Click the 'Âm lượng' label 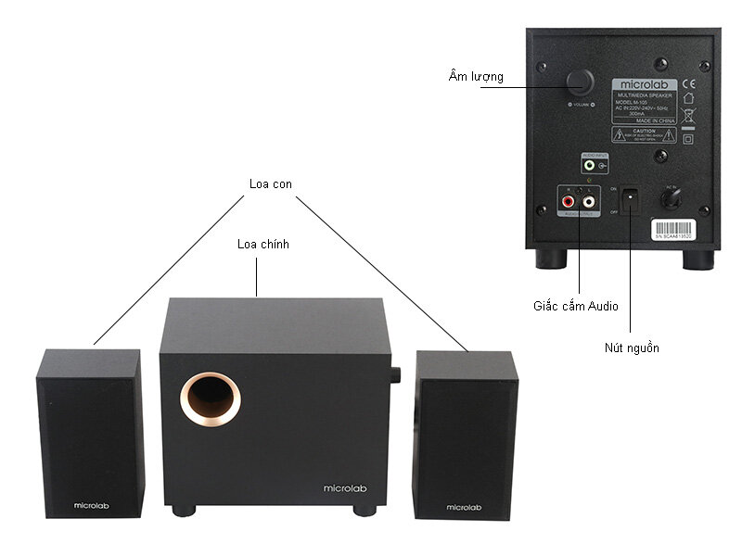click(x=475, y=77)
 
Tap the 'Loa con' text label click(x=271, y=183)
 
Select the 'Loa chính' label click(x=263, y=245)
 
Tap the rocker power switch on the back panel click(x=631, y=199)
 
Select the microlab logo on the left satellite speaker click(x=90, y=505)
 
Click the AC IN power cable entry click(x=673, y=196)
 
